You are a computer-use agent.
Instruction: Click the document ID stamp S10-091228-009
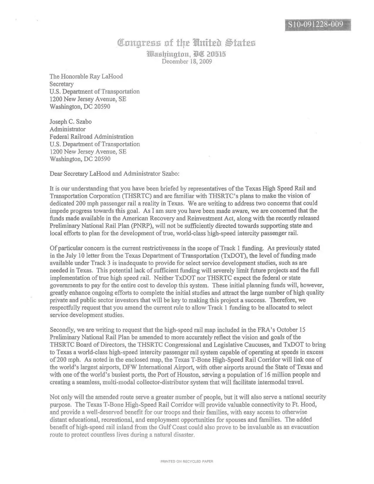318,24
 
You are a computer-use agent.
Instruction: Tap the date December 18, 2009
187,61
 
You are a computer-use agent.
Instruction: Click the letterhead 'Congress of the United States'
187,43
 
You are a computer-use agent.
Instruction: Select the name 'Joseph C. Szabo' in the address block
70,122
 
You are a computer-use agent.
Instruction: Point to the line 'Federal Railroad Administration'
91,137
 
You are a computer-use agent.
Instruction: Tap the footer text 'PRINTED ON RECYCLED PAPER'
187,461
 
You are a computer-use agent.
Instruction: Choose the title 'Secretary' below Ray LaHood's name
62,84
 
